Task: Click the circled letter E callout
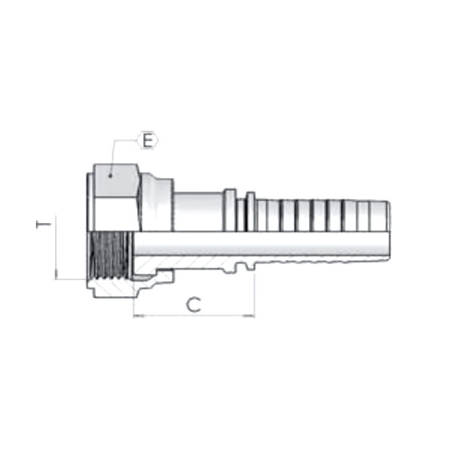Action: click(148, 140)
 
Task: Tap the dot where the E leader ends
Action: click(111, 175)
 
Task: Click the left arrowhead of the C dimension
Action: click(137, 316)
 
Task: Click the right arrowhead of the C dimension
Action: click(251, 316)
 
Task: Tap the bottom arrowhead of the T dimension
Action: click(56, 276)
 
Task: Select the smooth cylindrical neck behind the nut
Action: click(200, 211)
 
